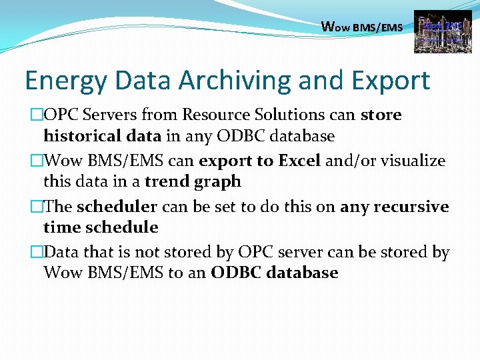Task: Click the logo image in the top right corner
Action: [x=438, y=31]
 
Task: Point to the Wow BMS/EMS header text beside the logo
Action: [x=362, y=27]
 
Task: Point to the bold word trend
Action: [x=167, y=181]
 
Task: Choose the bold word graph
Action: [x=217, y=182]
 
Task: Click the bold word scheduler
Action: [x=117, y=207]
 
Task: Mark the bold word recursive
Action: [x=411, y=207]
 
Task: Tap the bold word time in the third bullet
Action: [x=59, y=227]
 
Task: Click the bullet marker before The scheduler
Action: [x=36, y=207]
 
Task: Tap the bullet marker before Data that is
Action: [x=36, y=253]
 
